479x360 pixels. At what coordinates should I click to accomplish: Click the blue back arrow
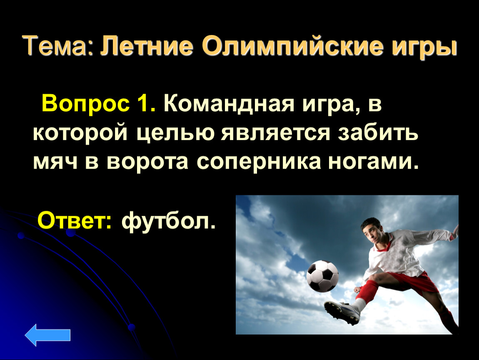pyautogui.click(x=47, y=335)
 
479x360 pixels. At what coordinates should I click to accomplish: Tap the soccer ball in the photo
pyautogui.click(x=322, y=276)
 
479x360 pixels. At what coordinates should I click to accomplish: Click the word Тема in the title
pyautogui.click(x=55, y=46)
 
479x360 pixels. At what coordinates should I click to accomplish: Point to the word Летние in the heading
pyautogui.click(x=147, y=46)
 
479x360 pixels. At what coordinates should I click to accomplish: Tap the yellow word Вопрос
pyautogui.click(x=85, y=104)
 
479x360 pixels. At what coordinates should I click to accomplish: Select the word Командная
pyautogui.click(x=229, y=103)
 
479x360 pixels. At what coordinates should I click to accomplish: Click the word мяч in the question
pyautogui.click(x=55, y=162)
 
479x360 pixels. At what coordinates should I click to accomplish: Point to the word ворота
pyautogui.click(x=147, y=162)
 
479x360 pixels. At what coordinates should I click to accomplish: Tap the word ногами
pyautogui.click(x=373, y=162)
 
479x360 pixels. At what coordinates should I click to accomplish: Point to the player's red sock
pyautogui.click(x=365, y=290)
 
